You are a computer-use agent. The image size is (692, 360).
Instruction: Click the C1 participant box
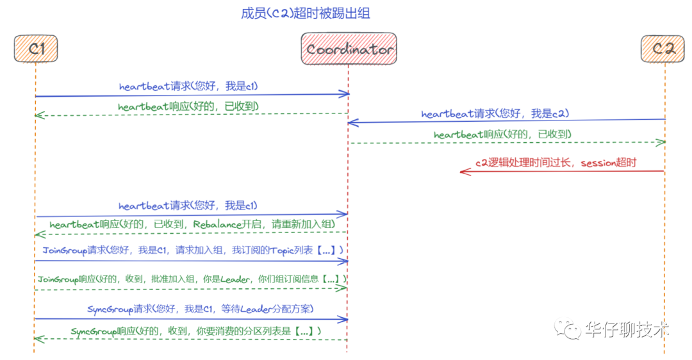[x=36, y=49]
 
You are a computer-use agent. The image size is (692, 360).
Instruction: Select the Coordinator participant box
[x=349, y=49]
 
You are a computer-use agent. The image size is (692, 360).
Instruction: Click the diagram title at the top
[x=306, y=13]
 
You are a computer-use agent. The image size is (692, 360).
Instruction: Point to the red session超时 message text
[x=556, y=163]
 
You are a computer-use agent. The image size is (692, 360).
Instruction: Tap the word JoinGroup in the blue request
[x=64, y=250]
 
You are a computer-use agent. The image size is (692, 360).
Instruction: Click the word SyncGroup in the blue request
[x=110, y=309]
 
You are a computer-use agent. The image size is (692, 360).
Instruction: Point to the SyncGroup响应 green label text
[x=195, y=331]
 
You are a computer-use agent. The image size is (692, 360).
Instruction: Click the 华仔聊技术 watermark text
[x=627, y=329]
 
